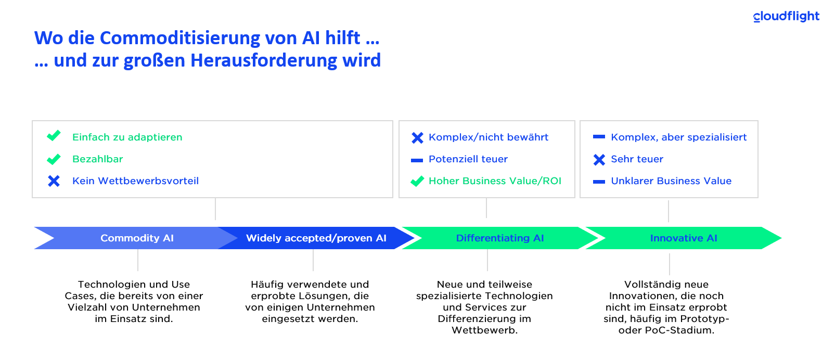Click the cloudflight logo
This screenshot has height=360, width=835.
(x=786, y=17)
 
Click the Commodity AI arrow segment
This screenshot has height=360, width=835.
(x=136, y=238)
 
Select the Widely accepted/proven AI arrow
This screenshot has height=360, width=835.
(x=316, y=238)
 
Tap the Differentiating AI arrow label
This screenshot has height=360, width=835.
(x=500, y=238)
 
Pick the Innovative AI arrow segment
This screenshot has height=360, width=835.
(x=683, y=238)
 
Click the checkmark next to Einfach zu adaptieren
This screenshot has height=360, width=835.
(x=54, y=136)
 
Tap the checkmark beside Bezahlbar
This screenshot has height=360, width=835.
(x=54, y=159)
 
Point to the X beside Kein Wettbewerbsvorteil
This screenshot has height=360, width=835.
(x=54, y=181)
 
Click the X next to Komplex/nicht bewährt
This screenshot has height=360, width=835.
(x=417, y=138)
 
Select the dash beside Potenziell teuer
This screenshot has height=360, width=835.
(x=417, y=160)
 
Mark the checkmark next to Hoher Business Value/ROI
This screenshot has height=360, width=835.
(x=417, y=181)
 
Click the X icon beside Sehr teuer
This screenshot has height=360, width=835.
(x=599, y=160)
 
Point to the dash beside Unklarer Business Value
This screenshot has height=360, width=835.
(x=599, y=182)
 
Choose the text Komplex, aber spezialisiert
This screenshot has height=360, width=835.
(x=679, y=137)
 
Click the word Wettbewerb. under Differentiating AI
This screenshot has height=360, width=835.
(x=484, y=330)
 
